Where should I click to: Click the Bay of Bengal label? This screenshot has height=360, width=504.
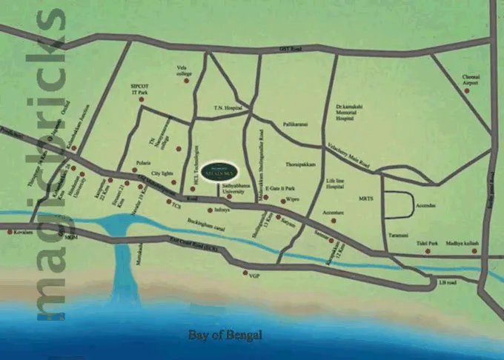click(x=225, y=335)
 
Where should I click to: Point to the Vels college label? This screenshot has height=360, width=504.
click(x=185, y=71)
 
